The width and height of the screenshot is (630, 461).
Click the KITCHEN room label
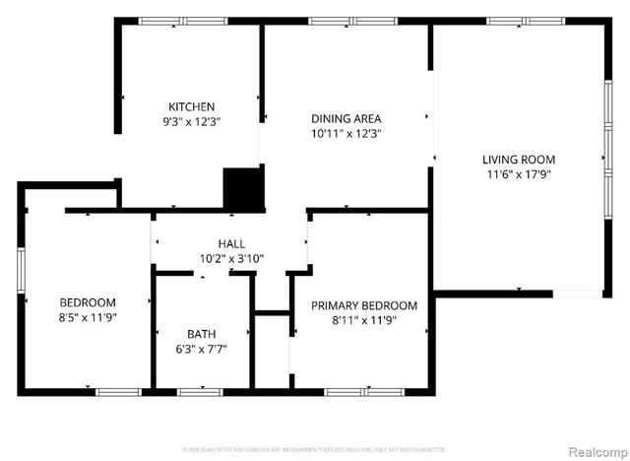191,106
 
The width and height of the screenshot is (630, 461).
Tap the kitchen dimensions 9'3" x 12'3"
191,122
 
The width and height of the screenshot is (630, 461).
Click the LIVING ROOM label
518,159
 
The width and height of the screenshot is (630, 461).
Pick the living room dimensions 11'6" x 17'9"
518,174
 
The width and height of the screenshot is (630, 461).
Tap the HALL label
231,243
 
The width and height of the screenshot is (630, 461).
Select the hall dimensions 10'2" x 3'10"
231,260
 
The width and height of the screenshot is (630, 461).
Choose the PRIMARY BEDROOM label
364,305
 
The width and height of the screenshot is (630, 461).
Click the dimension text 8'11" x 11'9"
364,321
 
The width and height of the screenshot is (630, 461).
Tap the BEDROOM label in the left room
88,302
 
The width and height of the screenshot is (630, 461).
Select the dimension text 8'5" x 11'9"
88,318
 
